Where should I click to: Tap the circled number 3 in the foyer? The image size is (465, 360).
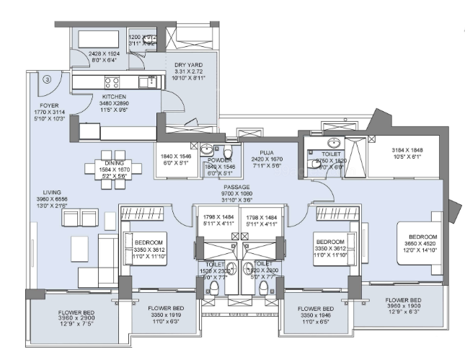point(47,79)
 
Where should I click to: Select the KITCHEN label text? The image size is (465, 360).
point(114,97)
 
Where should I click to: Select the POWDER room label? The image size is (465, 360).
point(221,159)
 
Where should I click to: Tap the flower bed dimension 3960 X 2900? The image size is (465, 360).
point(70,321)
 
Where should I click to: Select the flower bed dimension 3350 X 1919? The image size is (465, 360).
point(164,315)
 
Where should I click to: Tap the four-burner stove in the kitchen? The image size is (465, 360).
point(112,81)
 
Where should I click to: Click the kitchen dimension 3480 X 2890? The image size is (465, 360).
point(114,104)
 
